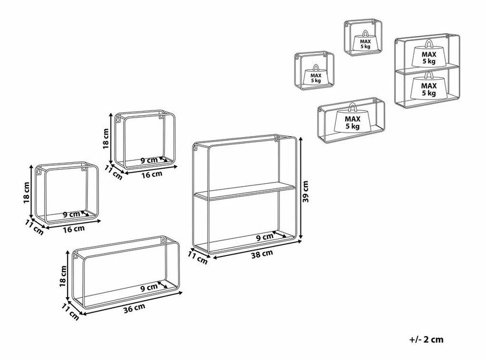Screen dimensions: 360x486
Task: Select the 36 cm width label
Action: [x=136, y=308]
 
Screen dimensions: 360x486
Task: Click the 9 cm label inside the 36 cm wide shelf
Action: [x=149, y=287]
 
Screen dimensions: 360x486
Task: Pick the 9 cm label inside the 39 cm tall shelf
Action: [x=264, y=237]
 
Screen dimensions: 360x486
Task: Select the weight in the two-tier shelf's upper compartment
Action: [x=428, y=55]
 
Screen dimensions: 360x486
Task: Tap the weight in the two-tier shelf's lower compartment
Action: [x=428, y=87]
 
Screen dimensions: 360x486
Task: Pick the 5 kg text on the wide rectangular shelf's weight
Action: [x=352, y=126]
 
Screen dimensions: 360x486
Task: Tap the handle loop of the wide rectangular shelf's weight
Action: [x=352, y=106]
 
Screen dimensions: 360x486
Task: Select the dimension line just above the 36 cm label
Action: [x=136, y=301]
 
